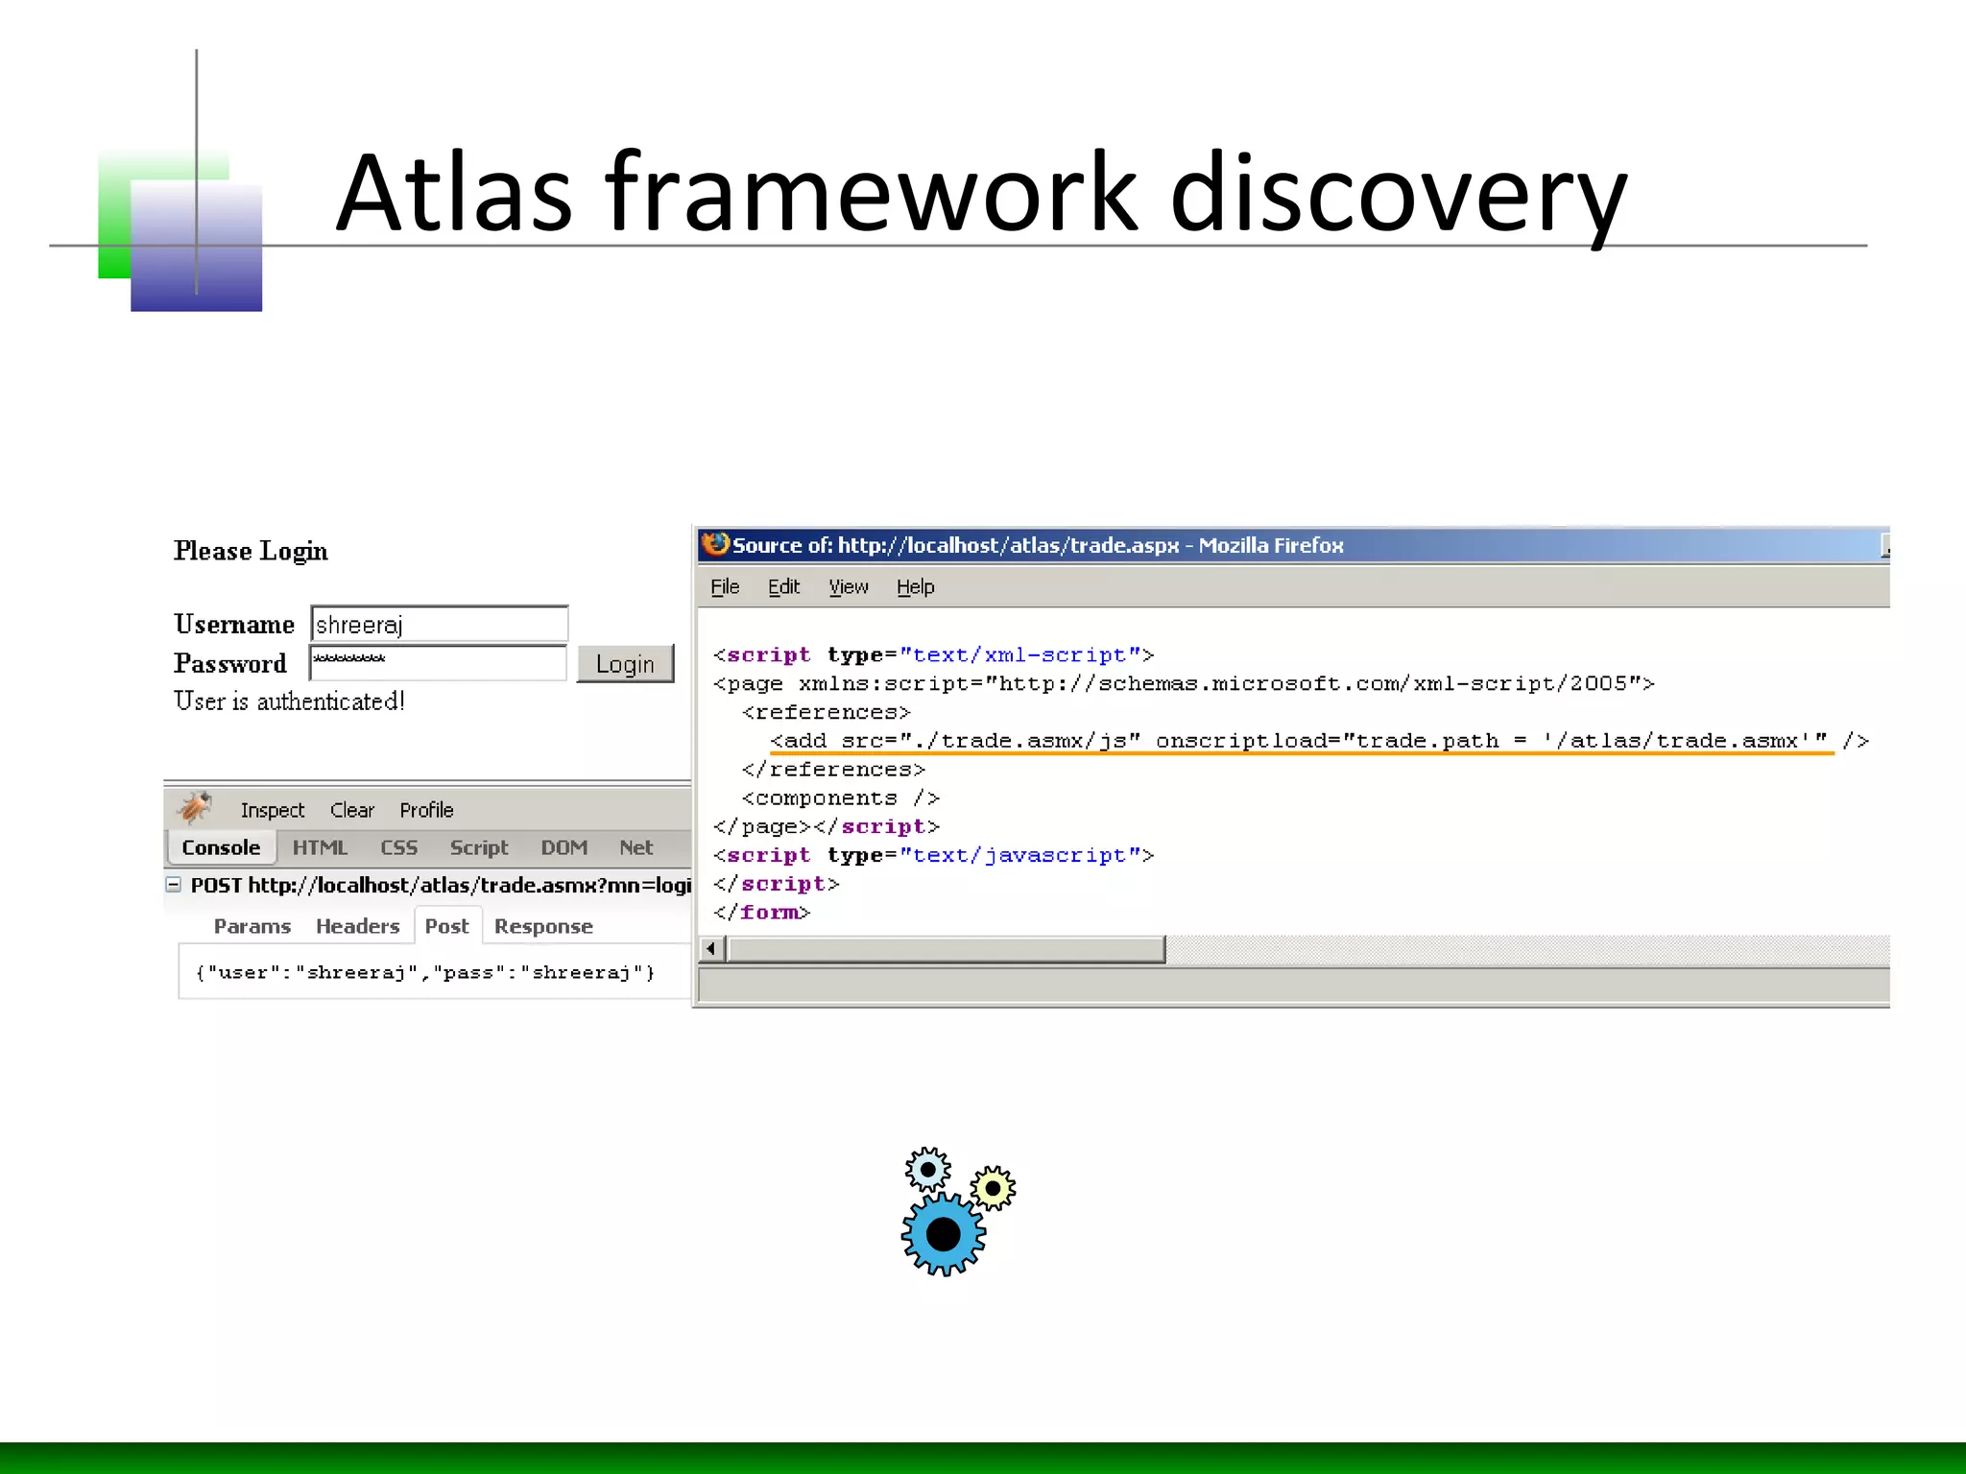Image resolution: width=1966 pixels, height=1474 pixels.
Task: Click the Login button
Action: (x=625, y=664)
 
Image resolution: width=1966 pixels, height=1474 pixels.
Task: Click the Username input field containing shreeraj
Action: (x=440, y=625)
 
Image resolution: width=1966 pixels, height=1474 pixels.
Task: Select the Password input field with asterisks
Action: (x=438, y=663)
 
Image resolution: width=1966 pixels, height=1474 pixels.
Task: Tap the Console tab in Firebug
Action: (x=221, y=848)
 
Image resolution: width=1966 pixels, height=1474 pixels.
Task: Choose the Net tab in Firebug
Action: (x=635, y=848)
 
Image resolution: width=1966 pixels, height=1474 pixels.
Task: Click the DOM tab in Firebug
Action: (x=563, y=848)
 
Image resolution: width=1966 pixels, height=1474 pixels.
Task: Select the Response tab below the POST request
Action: (x=543, y=927)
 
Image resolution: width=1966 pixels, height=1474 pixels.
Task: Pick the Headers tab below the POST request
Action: (x=357, y=927)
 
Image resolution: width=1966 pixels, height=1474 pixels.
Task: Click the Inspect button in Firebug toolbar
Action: (x=272, y=811)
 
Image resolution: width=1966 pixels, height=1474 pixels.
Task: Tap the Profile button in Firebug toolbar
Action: (x=426, y=811)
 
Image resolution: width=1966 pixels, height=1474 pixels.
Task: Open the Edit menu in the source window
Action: (x=783, y=587)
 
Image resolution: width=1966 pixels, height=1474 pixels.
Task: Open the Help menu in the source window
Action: (x=915, y=587)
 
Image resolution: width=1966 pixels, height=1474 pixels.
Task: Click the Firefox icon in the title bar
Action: (x=715, y=545)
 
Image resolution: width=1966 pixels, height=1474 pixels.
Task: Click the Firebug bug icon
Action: (x=195, y=808)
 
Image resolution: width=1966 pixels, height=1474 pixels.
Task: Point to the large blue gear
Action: (x=944, y=1234)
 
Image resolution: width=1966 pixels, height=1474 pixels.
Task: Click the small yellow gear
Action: (x=993, y=1189)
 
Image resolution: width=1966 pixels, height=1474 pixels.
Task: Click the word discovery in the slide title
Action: (x=1398, y=194)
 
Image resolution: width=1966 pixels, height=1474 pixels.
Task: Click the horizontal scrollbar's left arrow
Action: (x=711, y=949)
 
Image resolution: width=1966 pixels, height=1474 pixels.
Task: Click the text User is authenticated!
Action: (x=289, y=702)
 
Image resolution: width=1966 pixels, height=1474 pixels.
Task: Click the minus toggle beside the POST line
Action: (x=174, y=885)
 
